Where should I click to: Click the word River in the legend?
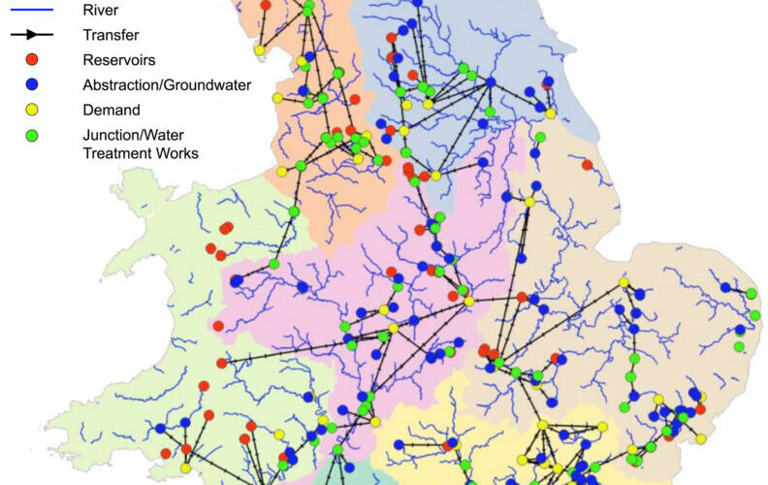(101, 11)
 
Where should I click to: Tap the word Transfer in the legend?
(110, 35)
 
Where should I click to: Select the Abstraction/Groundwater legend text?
(167, 85)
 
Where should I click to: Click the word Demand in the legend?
(111, 111)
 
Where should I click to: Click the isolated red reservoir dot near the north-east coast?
(587, 165)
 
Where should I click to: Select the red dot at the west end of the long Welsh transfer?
(222, 363)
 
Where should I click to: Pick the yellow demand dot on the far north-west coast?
(259, 49)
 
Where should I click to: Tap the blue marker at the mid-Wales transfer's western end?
(236, 280)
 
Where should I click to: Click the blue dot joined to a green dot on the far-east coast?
(725, 287)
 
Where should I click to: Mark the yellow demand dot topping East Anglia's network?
(624, 282)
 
